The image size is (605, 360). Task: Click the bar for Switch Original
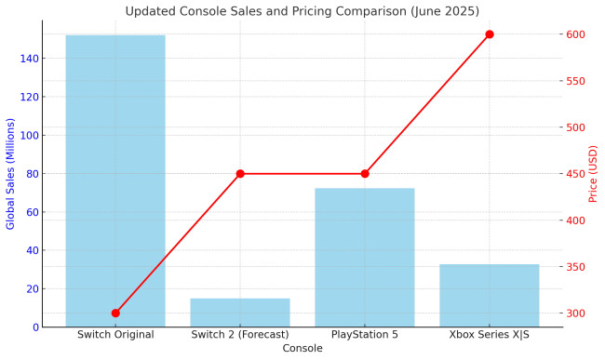click(x=115, y=181)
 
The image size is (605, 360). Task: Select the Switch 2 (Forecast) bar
click(x=240, y=313)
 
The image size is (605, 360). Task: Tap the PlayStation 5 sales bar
click(x=365, y=258)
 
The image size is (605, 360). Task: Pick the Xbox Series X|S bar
click(x=490, y=296)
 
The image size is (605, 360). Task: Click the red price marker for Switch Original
click(x=115, y=313)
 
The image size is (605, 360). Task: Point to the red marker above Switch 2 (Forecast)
click(x=240, y=174)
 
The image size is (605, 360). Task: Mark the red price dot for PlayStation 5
click(x=365, y=174)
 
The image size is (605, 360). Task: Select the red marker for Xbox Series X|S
click(x=490, y=34)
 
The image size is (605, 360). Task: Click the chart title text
click(x=302, y=11)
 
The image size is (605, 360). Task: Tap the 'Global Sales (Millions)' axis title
click(x=11, y=173)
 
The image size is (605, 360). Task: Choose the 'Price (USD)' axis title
click(x=593, y=174)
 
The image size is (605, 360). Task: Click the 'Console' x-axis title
click(x=302, y=349)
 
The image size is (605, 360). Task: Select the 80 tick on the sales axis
click(x=30, y=174)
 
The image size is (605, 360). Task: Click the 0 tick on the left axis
click(x=33, y=327)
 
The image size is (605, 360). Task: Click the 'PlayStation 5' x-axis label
click(x=365, y=335)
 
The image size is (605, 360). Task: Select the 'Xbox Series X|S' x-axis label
click(x=490, y=335)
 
